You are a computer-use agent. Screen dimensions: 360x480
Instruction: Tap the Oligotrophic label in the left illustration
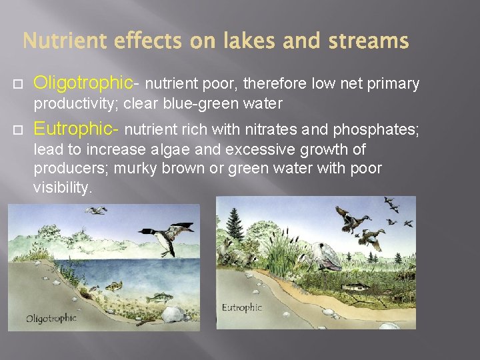pyautogui.click(x=51, y=318)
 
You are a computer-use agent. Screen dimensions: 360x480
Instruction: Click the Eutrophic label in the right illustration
pyautogui.click(x=242, y=308)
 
